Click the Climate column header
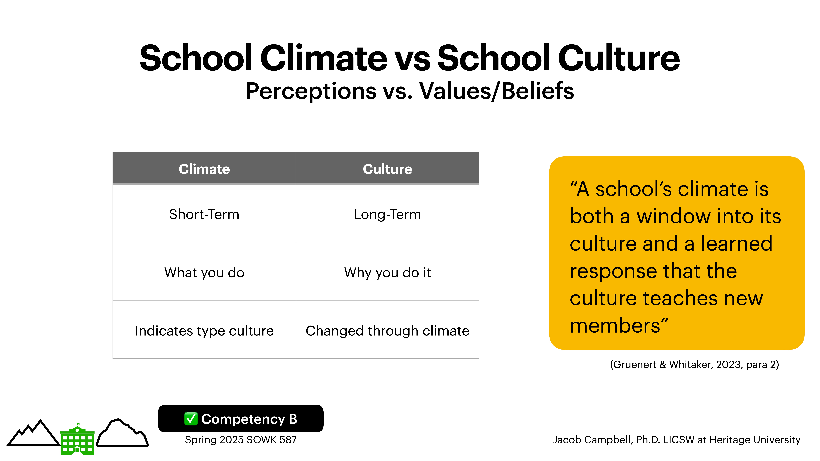pyautogui.click(x=204, y=169)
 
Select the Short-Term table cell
pyautogui.click(x=204, y=214)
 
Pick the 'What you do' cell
pyautogui.click(x=204, y=273)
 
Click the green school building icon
pyautogui.click(x=77, y=440)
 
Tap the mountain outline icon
pyautogui.click(x=33, y=434)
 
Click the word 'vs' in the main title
pyautogui.click(x=412, y=58)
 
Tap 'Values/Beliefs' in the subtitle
pyautogui.click(x=497, y=91)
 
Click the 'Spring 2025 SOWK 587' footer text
pyautogui.click(x=241, y=440)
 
